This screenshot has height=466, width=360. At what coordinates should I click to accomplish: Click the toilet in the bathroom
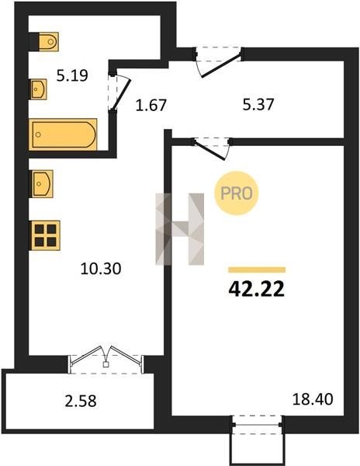click(48, 42)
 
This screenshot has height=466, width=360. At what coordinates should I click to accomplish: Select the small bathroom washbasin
click(39, 89)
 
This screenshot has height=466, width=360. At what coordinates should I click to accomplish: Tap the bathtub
click(63, 134)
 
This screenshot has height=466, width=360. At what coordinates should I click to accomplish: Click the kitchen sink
click(42, 183)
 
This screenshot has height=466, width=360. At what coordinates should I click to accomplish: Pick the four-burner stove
click(46, 235)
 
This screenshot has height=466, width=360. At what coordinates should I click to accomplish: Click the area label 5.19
click(72, 75)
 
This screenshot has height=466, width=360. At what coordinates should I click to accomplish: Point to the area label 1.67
click(151, 105)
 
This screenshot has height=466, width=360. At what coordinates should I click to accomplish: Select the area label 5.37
click(258, 105)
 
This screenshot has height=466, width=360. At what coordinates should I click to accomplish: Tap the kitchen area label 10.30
click(101, 269)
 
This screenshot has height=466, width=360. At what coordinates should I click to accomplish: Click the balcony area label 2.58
click(81, 401)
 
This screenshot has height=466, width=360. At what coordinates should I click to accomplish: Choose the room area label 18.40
click(313, 399)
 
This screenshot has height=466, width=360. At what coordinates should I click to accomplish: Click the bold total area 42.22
click(257, 289)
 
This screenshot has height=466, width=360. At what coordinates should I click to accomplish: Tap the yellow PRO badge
click(237, 193)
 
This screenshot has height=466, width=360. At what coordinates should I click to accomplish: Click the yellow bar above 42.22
click(257, 270)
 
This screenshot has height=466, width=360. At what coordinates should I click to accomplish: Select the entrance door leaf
click(221, 65)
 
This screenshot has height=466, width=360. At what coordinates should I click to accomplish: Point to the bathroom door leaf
click(121, 95)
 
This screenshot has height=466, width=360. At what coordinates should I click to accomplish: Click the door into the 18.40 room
click(209, 151)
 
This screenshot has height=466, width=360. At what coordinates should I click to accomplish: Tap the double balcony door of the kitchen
click(106, 359)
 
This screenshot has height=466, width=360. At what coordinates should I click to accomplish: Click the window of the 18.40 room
click(258, 425)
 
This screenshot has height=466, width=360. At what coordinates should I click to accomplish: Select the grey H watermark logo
click(180, 229)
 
